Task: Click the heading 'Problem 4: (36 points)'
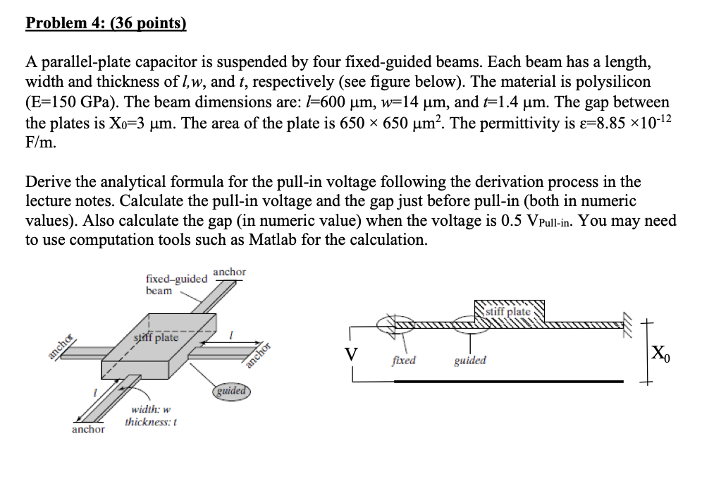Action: (106, 23)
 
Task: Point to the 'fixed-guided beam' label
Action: (175, 284)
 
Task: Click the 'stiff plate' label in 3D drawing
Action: (156, 337)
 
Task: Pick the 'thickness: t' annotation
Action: (150, 422)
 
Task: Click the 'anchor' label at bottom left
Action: (88, 429)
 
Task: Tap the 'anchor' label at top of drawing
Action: (229, 272)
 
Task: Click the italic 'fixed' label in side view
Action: (404, 361)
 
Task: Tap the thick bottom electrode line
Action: (507, 381)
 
